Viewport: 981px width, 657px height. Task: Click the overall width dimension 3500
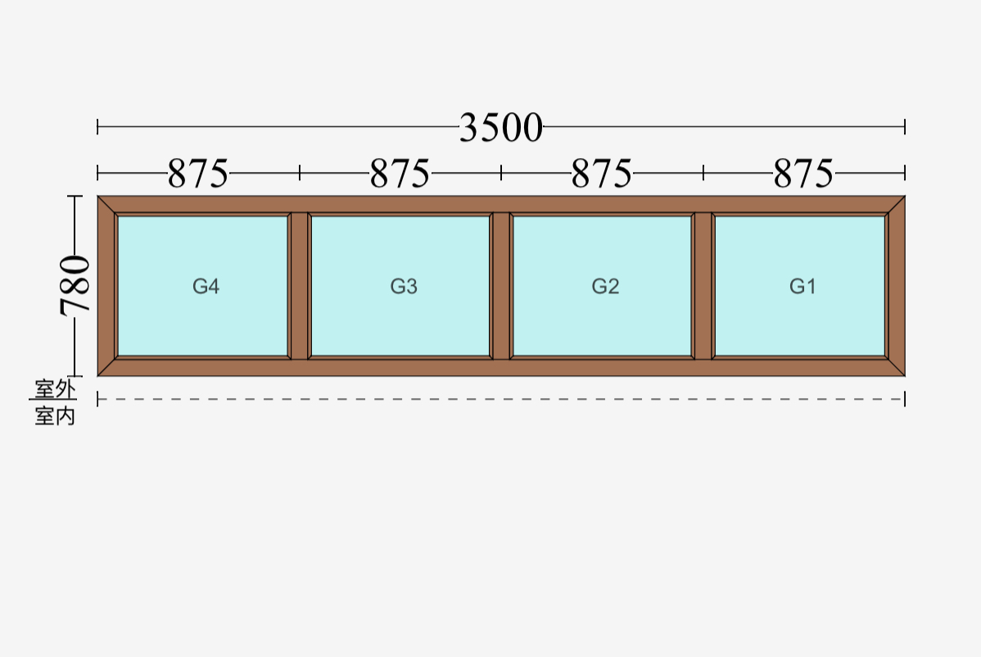coord(501,128)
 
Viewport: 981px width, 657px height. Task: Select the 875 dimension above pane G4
coord(198,174)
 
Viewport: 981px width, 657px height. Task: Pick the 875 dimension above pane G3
coord(400,174)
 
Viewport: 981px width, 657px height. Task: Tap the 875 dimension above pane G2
coord(602,174)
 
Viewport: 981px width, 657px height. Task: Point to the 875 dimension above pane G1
coord(804,174)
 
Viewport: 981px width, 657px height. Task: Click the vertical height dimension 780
coord(75,285)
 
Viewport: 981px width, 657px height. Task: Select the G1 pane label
coord(802,286)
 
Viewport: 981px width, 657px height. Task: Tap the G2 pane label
coord(605,286)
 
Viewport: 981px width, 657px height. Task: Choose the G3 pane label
coord(404,286)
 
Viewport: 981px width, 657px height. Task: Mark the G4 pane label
coord(206,286)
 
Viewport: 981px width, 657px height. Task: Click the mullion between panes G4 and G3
coord(300,286)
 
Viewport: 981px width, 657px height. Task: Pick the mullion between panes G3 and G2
coord(501,286)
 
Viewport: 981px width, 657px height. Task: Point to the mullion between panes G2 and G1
coord(703,286)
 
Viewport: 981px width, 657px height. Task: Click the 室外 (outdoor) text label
coord(55,389)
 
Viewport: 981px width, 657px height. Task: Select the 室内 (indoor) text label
coord(55,415)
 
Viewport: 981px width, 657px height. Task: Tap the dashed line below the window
coord(501,399)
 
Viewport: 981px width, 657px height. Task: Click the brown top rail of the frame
coord(501,204)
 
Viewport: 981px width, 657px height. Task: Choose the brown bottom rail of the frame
coord(501,368)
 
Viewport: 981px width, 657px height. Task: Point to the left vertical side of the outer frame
coord(106,286)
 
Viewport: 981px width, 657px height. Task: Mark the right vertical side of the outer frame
coord(897,286)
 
